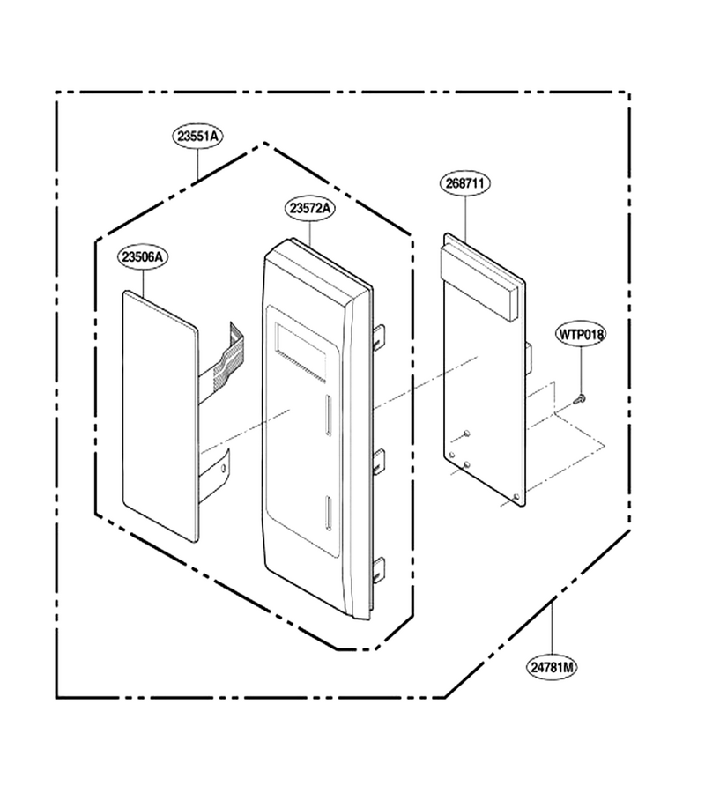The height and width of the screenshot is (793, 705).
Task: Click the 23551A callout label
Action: point(197,136)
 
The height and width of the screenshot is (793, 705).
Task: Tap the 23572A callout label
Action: point(310,208)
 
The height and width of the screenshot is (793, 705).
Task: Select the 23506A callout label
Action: point(143,257)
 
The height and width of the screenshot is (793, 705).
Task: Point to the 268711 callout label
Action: point(464,183)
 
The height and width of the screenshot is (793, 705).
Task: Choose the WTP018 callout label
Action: point(581,334)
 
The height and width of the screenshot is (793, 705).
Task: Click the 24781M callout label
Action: point(552,668)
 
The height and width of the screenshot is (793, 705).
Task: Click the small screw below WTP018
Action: point(580,399)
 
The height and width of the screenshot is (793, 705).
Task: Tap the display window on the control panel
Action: point(301,351)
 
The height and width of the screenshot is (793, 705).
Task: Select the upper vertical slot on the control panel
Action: point(328,415)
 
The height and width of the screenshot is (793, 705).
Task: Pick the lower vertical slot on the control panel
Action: point(328,513)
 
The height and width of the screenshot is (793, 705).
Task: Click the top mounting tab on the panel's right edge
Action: point(379,337)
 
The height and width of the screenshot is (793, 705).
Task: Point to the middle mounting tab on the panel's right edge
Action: point(379,460)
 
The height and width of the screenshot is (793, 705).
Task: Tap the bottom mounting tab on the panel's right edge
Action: point(379,569)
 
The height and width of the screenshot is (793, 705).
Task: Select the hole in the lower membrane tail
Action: point(224,469)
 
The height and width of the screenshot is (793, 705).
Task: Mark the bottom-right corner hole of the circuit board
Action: point(516,498)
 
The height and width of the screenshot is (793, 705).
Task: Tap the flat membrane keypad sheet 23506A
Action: point(160,416)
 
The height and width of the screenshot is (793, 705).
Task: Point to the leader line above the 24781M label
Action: point(552,629)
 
